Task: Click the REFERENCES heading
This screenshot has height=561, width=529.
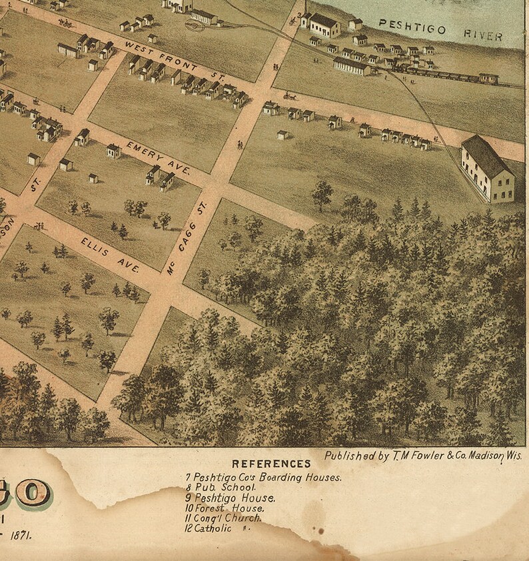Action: [270, 464]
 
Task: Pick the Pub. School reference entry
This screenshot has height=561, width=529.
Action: [213, 488]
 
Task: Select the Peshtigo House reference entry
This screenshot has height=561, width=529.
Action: [224, 498]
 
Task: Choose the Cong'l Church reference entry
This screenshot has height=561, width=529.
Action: [223, 518]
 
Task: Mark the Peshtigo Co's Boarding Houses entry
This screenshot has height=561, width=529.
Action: [264, 477]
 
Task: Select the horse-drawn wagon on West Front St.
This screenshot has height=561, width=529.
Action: [290, 96]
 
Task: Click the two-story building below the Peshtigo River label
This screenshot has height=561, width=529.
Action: [324, 25]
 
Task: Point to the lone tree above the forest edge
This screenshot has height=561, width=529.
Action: [322, 194]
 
